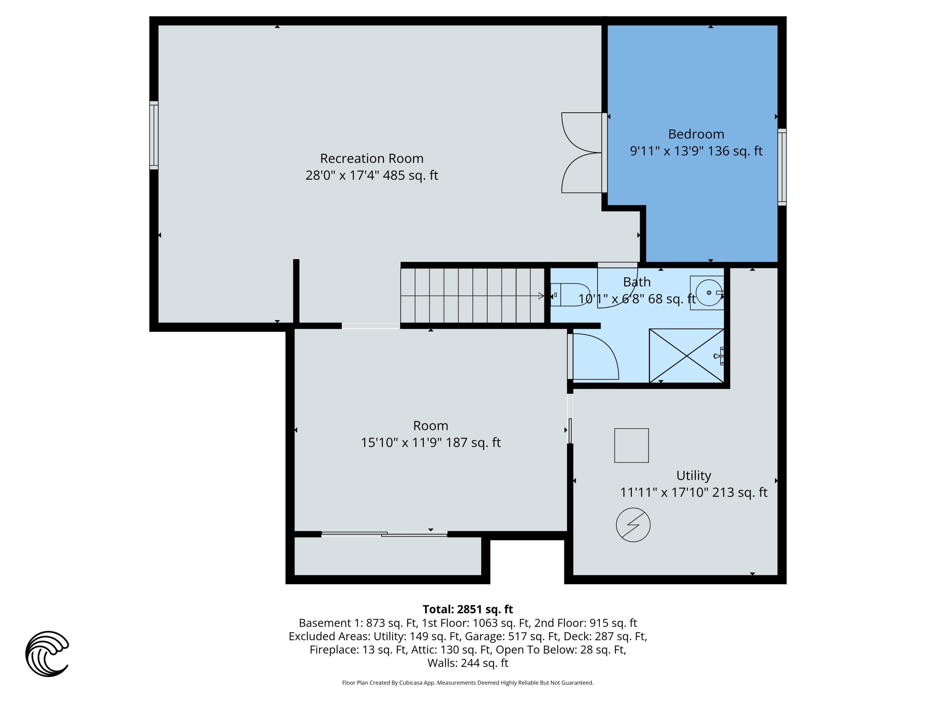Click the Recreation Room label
click(372, 158)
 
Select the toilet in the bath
click(569, 295)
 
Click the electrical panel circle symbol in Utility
click(633, 525)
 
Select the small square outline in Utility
click(631, 446)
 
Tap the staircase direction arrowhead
click(541, 296)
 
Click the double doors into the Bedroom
click(582, 153)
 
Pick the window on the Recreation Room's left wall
click(154, 135)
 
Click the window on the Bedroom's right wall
click(782, 167)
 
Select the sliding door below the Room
click(384, 534)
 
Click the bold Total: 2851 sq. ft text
click(468, 609)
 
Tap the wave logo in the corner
click(47, 654)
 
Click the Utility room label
click(694, 475)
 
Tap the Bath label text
click(637, 282)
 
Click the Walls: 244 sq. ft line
click(468, 663)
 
